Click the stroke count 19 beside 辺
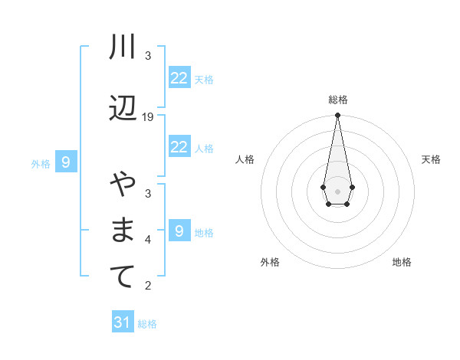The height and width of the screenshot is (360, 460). pos(148,117)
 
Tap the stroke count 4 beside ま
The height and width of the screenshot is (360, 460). pos(148,240)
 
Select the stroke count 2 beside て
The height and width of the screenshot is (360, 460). pos(148,286)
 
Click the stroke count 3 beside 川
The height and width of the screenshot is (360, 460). pos(148,56)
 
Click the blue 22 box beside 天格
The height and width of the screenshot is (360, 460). pos(179,78)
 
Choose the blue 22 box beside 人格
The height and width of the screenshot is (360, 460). pos(179,147)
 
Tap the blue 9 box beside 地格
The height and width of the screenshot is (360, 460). pos(179,231)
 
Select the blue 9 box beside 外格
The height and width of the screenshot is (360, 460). pos(66,162)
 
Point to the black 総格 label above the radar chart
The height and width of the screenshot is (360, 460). pos(338,100)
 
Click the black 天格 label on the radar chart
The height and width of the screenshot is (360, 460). pos(432,159)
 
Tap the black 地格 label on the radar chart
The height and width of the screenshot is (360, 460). pos(402,262)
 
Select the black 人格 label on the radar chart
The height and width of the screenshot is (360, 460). pos(245,159)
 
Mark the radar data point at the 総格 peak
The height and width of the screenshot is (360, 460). pos(337,116)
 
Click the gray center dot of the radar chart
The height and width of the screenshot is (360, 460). pos(337,190)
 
